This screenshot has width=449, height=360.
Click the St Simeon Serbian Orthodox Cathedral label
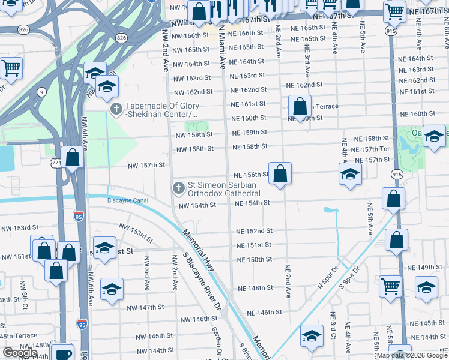[224, 189]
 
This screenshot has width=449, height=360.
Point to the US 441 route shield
[56, 163]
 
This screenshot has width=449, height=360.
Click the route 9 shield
[41, 92]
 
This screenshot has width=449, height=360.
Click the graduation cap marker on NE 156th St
[350, 175]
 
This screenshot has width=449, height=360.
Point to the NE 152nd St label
[254, 231]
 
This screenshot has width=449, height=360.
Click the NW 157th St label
[146, 165]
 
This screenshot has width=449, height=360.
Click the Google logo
[20, 353]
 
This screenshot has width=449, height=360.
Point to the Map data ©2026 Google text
[412, 355]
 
